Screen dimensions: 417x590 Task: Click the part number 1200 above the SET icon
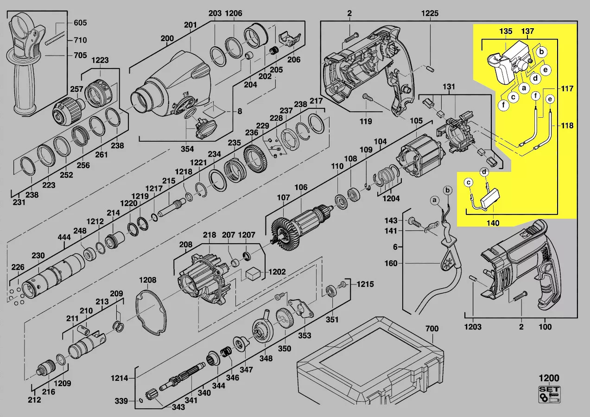point(549,378)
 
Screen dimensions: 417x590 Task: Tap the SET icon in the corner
point(549,394)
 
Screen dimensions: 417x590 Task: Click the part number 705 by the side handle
point(80,55)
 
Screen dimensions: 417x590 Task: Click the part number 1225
point(430,13)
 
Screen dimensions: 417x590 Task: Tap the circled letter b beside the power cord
point(447,190)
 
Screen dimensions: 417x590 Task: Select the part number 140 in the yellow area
point(493,223)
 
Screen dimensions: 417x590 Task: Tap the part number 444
point(64,237)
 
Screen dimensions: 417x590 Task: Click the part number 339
point(121,401)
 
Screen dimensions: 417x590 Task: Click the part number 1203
point(473,327)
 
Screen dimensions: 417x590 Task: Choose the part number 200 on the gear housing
point(167,38)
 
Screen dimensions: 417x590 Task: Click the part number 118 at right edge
point(567,126)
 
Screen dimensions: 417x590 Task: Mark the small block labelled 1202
point(254,273)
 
